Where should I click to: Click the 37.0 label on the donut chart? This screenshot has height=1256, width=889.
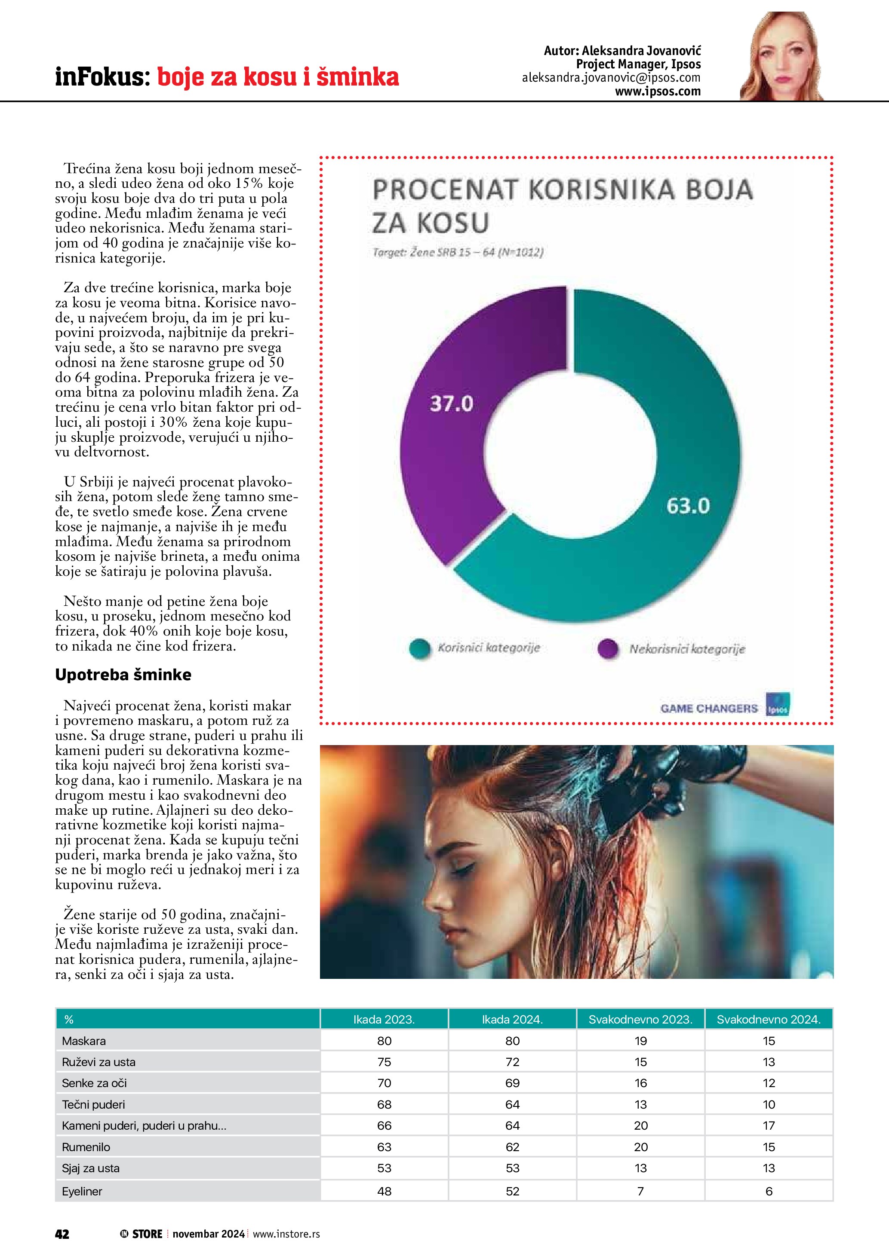click(x=451, y=404)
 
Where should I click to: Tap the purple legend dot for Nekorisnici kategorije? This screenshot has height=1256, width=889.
click(x=608, y=649)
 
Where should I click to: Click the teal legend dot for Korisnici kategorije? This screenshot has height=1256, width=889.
click(x=420, y=648)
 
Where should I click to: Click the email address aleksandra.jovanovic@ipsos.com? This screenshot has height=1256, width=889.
click(x=611, y=78)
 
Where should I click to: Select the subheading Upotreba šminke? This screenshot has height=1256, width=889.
click(x=123, y=675)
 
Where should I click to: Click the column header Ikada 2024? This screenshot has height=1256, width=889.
click(x=512, y=1019)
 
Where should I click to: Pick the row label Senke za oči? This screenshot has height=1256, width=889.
click(x=94, y=1083)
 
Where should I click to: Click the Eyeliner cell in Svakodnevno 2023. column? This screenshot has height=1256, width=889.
click(x=640, y=1191)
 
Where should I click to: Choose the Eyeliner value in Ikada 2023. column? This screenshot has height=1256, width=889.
click(x=384, y=1191)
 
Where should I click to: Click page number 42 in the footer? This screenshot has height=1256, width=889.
click(x=62, y=1234)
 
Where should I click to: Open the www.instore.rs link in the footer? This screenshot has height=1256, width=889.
click(x=286, y=1234)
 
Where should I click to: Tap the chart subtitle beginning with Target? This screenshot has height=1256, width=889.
click(x=458, y=252)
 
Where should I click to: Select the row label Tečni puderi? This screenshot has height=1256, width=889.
click(x=94, y=1104)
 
